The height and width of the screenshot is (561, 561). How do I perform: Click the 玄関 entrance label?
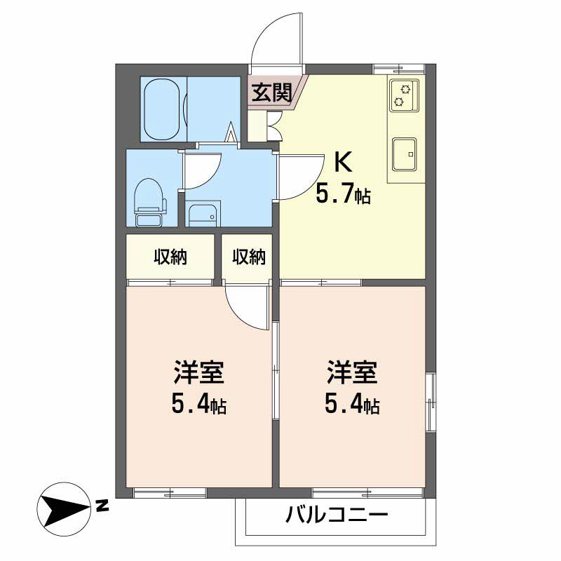coord(272,93)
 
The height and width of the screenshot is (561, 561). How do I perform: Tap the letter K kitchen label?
coord(342,163)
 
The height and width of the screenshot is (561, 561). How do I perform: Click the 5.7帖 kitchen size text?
coord(342,194)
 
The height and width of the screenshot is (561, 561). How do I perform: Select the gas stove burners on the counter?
coord(404,95)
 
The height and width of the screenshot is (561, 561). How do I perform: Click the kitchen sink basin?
coord(405,154)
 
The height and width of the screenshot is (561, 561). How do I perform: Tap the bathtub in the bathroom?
coord(163,109)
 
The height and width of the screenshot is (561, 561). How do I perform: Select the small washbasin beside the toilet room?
coord(203,215)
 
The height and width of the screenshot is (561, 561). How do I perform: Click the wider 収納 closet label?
coord(170,257)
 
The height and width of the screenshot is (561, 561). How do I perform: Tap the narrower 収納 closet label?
coord(249,257)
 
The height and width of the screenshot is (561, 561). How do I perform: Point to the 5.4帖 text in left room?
coord(198,405)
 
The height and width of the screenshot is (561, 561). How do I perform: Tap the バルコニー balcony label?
coord(337,518)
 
